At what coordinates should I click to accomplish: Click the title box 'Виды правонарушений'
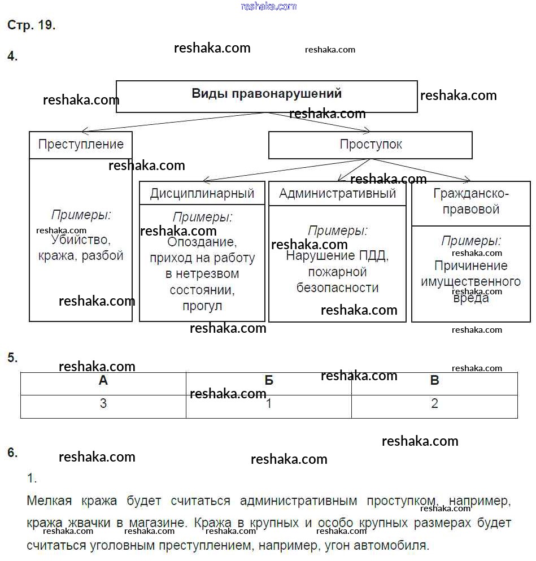(x=267, y=94)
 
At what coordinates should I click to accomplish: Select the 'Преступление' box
(x=81, y=145)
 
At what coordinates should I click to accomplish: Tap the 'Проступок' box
(x=371, y=145)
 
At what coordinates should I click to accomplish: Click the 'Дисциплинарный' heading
(x=202, y=193)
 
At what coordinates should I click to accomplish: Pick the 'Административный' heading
(x=337, y=193)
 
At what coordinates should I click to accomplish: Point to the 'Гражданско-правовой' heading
(x=471, y=202)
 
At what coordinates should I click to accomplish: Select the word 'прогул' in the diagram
(x=202, y=306)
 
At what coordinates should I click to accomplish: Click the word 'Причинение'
(x=471, y=266)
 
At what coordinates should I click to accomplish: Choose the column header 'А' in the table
(x=103, y=380)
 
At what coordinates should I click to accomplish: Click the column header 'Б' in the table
(x=269, y=380)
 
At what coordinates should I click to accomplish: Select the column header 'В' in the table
(x=434, y=380)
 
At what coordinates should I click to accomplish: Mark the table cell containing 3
(x=103, y=404)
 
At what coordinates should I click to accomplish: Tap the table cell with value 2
(x=434, y=404)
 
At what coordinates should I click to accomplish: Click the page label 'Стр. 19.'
(x=31, y=25)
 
